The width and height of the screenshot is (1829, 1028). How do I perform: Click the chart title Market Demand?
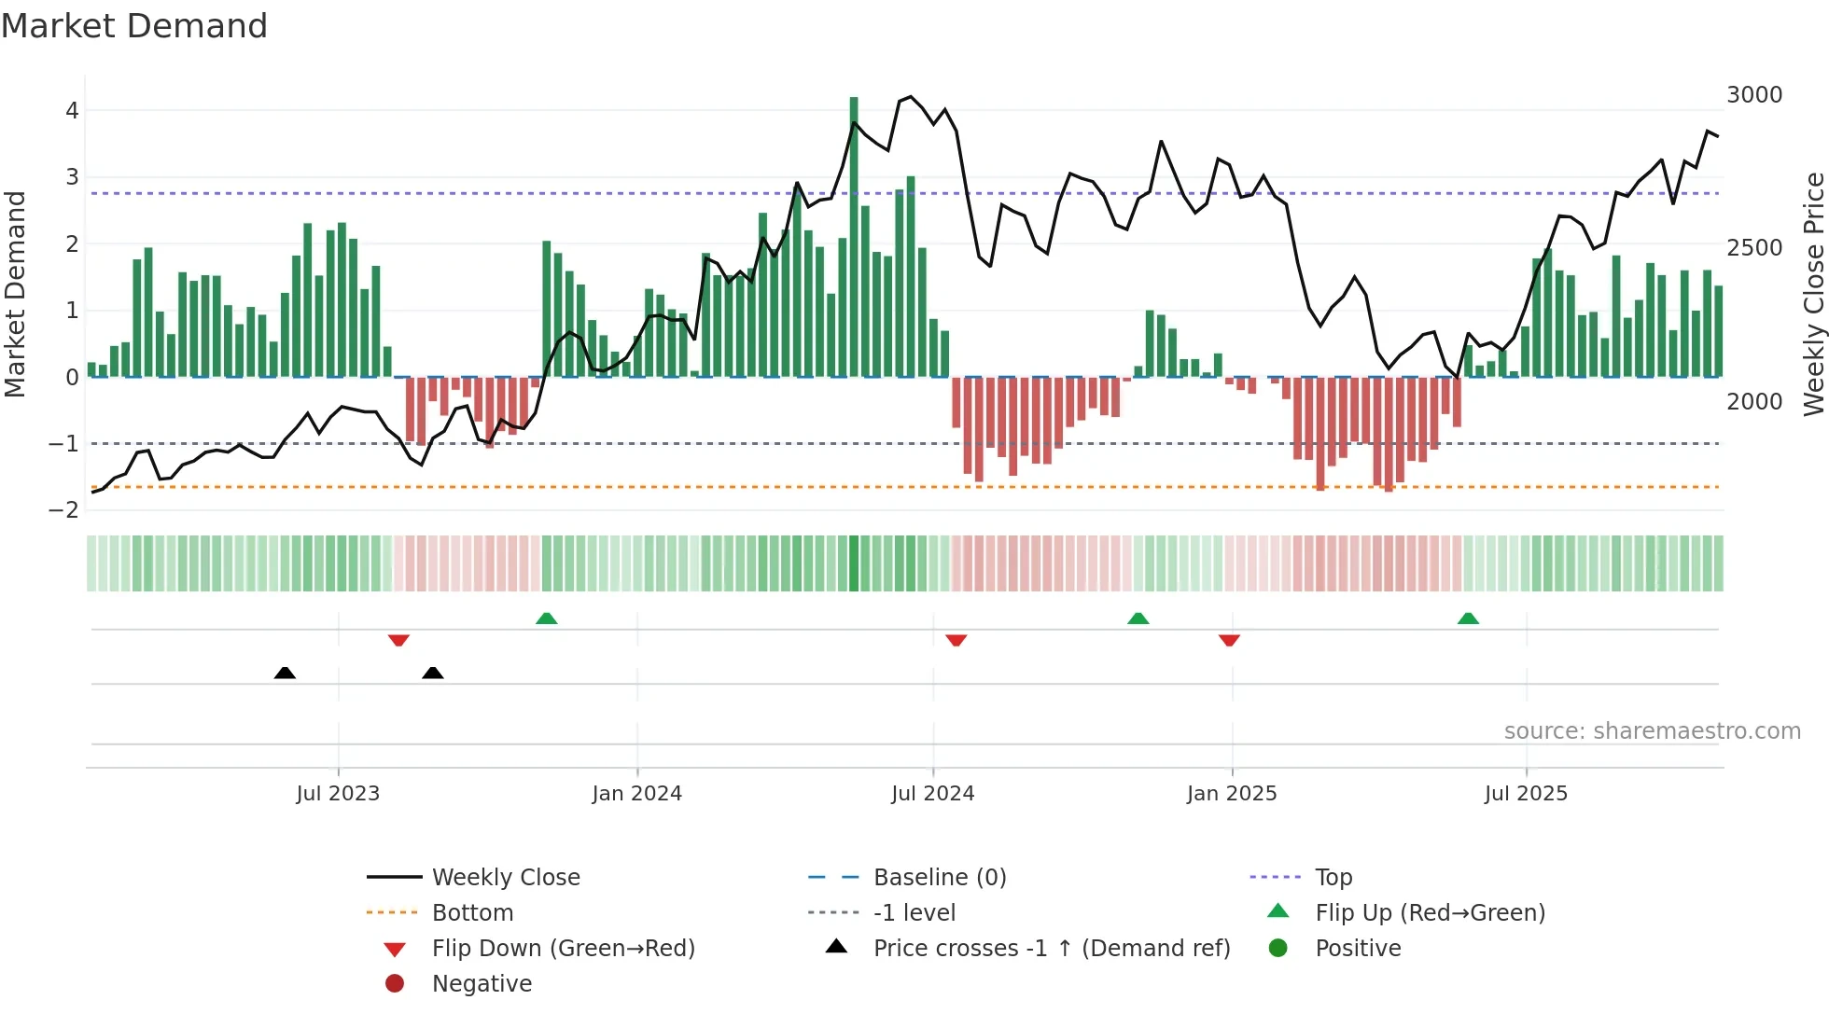tap(134, 26)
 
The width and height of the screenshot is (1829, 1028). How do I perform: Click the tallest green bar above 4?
tap(854, 233)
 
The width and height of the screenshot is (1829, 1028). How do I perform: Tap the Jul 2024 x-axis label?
tap(932, 794)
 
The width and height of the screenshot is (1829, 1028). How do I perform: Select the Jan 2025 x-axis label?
tap(1231, 794)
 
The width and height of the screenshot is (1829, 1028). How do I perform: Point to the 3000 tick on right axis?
tap(1753, 95)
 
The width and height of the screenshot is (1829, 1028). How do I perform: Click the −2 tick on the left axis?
tap(63, 510)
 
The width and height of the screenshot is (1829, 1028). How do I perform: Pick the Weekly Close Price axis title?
tap(1813, 294)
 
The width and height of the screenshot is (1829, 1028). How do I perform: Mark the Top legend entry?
tap(1333, 878)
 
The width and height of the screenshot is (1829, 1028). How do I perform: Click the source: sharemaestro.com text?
tap(1652, 731)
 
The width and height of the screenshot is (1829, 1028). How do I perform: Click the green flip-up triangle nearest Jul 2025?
tap(1468, 618)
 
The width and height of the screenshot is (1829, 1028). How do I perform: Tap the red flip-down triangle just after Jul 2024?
tap(956, 640)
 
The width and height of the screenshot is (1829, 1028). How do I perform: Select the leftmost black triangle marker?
tap(285, 673)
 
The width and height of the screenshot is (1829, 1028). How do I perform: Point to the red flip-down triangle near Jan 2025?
tap(1229, 640)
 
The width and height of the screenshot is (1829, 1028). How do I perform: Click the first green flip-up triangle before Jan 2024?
tap(547, 618)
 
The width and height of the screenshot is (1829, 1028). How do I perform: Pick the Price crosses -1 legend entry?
tap(1051, 949)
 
